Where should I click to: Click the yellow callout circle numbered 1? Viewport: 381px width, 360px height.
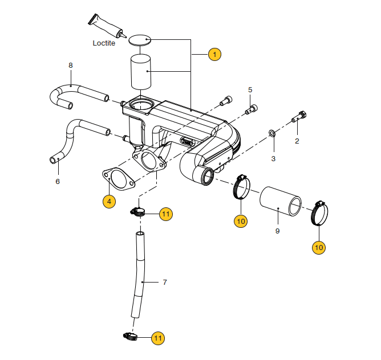(214, 55)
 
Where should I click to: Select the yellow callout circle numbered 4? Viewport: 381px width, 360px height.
(110, 201)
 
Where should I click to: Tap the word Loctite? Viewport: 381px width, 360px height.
(104, 43)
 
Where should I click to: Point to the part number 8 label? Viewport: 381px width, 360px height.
(71, 66)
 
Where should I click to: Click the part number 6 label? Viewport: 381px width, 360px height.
(58, 182)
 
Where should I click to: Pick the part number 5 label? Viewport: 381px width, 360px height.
(250, 90)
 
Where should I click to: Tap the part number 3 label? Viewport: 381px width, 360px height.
(273, 158)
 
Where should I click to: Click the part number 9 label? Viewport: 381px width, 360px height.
(277, 231)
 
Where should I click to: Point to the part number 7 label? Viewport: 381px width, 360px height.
(165, 282)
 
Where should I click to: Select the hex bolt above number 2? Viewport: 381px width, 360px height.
(299, 117)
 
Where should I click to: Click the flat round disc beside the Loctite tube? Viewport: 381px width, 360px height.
(140, 40)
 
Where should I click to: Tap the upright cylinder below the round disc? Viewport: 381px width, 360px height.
(140, 71)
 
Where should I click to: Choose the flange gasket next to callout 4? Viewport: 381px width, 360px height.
(119, 178)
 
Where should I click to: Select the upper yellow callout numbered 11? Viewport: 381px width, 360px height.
(165, 214)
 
